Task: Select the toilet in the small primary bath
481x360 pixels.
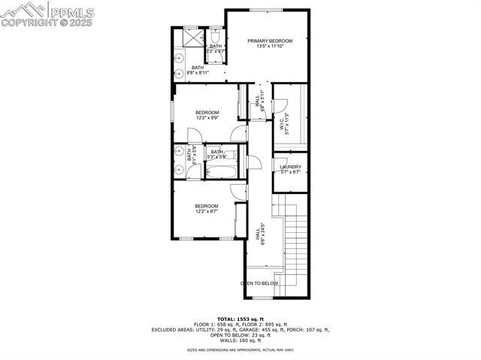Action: click(214, 36)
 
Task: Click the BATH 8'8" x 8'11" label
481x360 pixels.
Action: click(198, 71)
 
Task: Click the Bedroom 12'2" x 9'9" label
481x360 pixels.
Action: click(207, 115)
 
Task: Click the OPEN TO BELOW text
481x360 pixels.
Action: click(259, 283)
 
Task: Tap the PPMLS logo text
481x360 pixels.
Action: click(72, 11)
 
